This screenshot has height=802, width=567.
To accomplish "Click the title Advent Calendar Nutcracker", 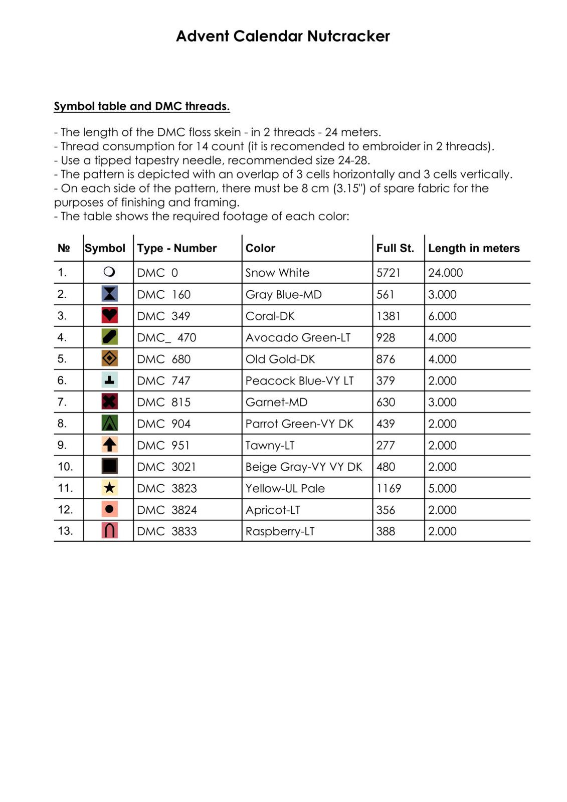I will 283,36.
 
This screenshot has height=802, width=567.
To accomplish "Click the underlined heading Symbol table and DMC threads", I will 142,106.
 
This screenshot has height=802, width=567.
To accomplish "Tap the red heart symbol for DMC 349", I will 109,315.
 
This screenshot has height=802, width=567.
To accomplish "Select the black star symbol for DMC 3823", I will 109,488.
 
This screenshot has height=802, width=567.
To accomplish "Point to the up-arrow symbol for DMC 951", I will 109,445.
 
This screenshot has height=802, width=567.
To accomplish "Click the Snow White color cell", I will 277,273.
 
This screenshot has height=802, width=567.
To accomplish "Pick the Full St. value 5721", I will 389,273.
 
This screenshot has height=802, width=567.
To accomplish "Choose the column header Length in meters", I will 474,248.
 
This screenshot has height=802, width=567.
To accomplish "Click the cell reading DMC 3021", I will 166,467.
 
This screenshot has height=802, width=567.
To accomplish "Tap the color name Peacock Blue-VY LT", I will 299,380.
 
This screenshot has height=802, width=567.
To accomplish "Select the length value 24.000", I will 445,273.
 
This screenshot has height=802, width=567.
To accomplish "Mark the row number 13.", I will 65,531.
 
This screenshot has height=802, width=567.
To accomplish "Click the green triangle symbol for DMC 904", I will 109,423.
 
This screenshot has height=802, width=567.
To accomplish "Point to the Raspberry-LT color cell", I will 280,531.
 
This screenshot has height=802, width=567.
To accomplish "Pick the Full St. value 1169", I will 389,488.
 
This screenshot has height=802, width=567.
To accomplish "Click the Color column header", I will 260,248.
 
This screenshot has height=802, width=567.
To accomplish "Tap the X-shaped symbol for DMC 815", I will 109,402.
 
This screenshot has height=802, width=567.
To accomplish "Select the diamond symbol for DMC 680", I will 109,358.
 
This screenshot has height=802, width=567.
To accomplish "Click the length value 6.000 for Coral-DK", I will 442,316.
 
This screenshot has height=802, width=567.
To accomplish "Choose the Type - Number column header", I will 176,248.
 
